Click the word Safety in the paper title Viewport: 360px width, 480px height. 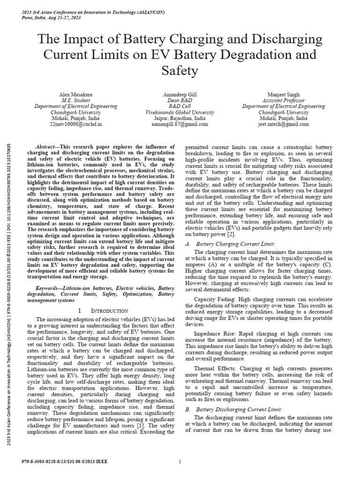click(180, 71)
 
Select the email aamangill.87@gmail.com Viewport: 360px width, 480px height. click(180, 125)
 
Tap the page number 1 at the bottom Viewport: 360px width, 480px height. click(180, 462)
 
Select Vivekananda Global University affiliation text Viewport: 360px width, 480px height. click(180, 112)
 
